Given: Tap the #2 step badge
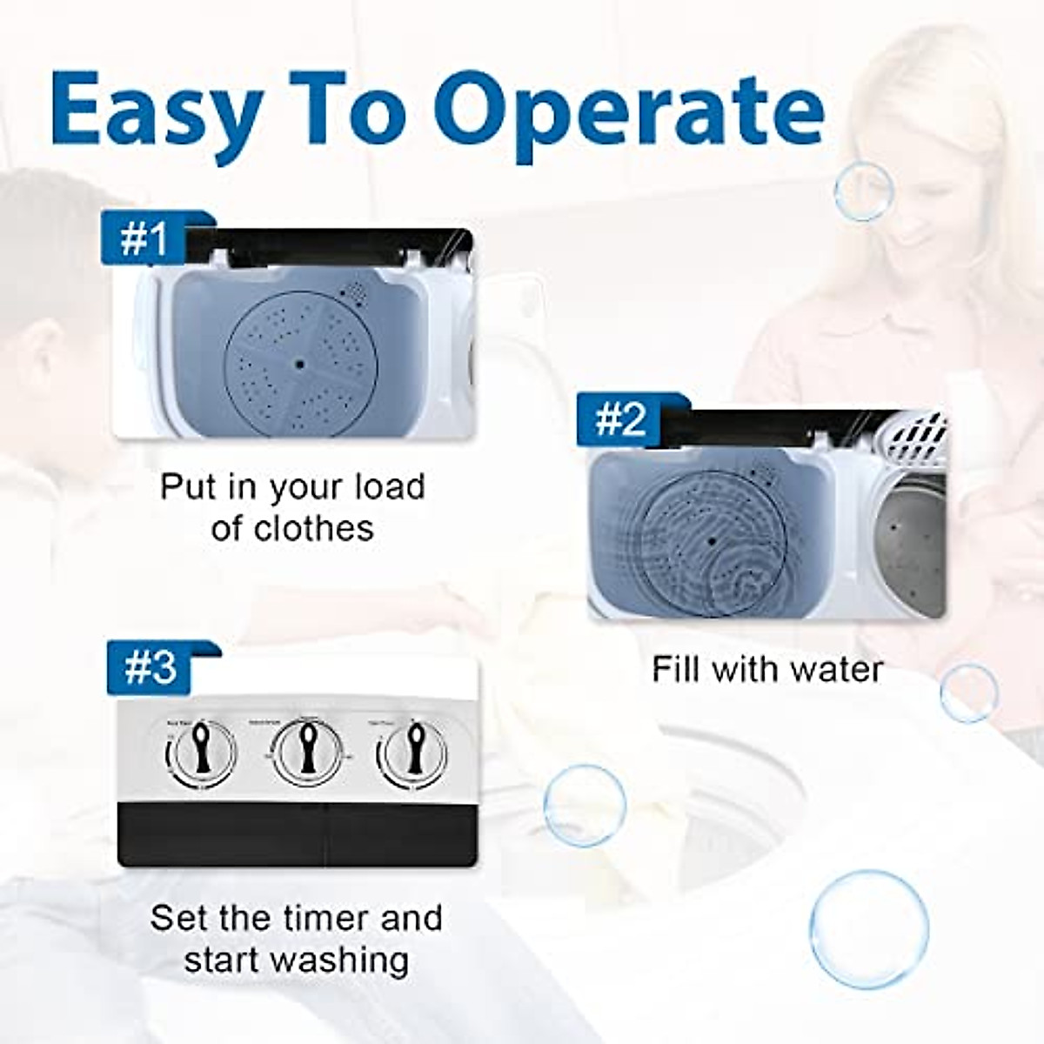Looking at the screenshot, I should coord(619,421).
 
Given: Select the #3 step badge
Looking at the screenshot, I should coord(150,668).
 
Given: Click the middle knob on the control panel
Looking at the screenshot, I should coord(306,749).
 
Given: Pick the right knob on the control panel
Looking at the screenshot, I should coord(412,751).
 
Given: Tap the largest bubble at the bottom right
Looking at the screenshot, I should coord(868,929).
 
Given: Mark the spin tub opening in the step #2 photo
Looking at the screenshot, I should coord(910,548).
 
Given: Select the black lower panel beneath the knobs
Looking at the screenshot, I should coord(297,833).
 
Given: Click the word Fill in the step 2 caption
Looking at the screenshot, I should coord(675,670).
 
